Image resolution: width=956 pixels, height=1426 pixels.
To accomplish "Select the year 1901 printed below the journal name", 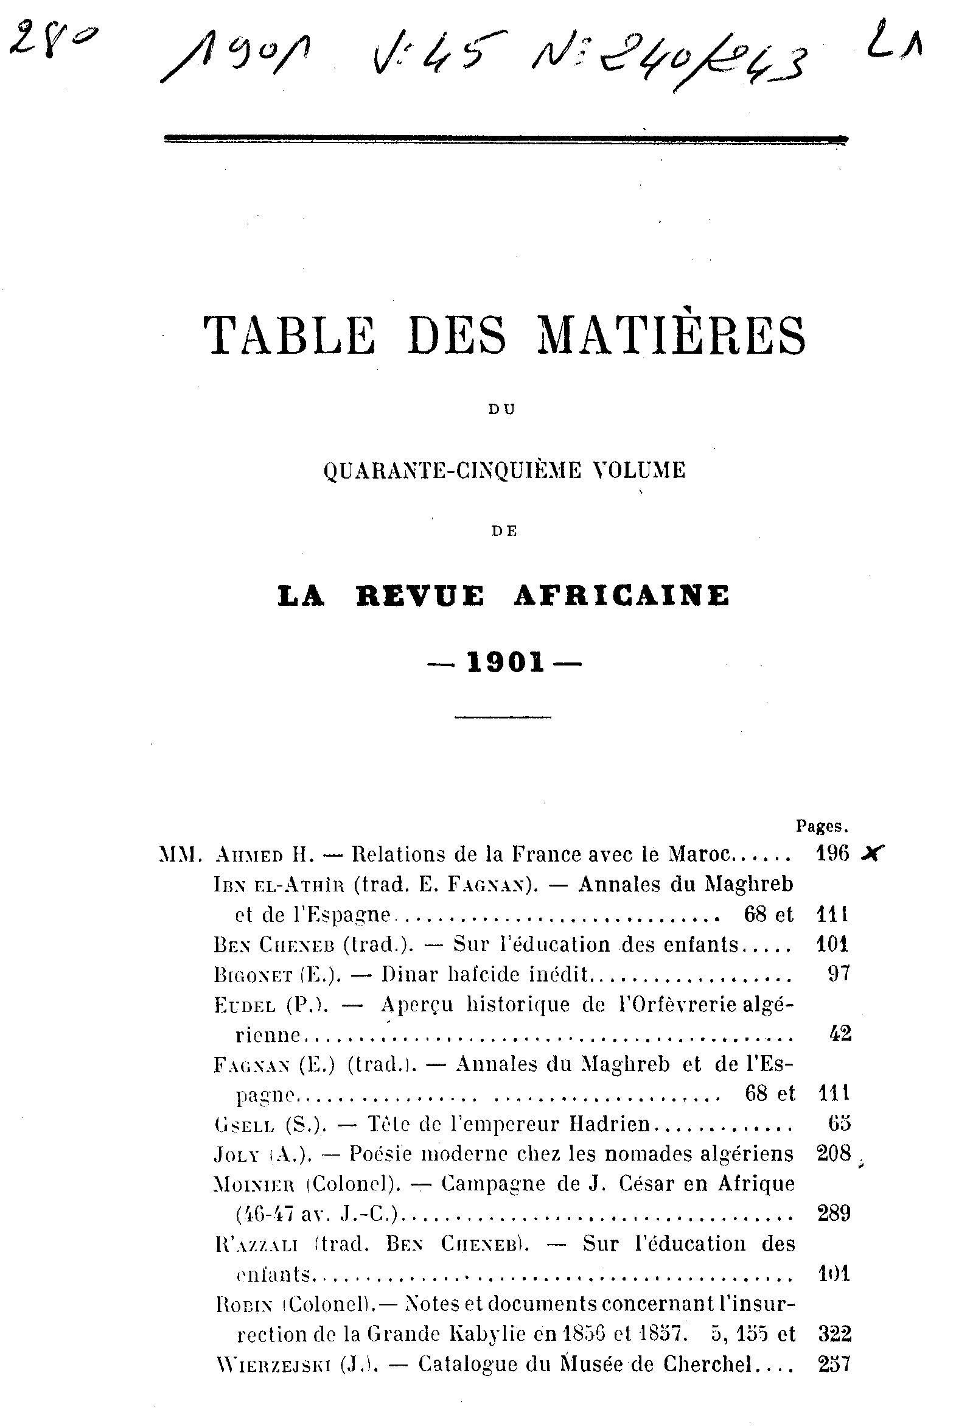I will [x=506, y=662].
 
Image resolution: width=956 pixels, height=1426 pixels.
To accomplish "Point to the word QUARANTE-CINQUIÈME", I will [x=452, y=470].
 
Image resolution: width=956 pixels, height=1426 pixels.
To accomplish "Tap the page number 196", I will [x=832, y=854].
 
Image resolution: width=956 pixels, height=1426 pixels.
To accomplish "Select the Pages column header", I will [x=822, y=826].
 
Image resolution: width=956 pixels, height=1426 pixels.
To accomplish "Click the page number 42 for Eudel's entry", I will [x=840, y=1034].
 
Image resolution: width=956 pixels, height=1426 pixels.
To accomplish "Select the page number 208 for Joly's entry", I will [x=834, y=1153].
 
